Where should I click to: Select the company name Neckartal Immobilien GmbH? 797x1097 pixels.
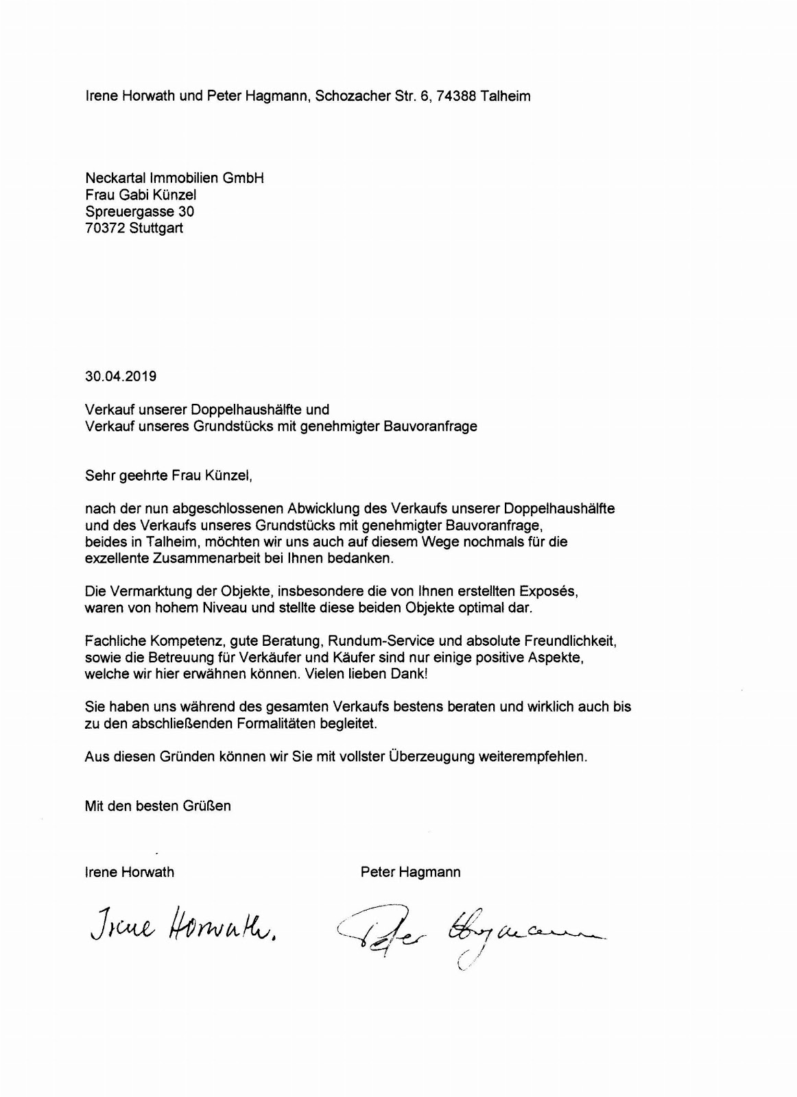[x=174, y=178]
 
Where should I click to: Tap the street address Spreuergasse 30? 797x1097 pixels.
[x=139, y=212]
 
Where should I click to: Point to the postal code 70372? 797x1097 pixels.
[x=105, y=228]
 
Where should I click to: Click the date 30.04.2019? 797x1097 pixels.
[x=121, y=376]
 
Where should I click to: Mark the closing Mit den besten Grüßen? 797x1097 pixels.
[x=158, y=806]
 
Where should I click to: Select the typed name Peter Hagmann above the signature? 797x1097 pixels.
[x=410, y=872]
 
